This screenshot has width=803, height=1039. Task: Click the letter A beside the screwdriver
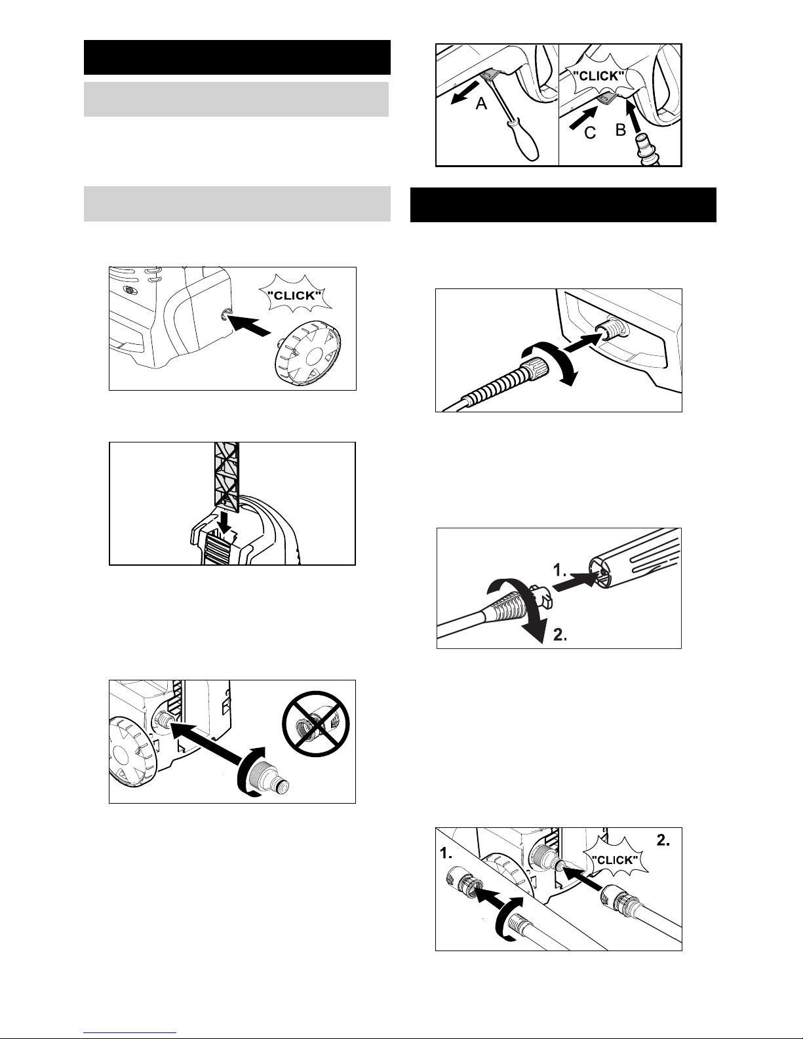pyautogui.click(x=481, y=104)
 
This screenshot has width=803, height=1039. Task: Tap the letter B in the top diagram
pyautogui.click(x=620, y=130)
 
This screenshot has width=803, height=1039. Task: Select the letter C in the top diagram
pyautogui.click(x=591, y=133)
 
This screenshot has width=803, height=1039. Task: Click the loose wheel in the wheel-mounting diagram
pyautogui.click(x=308, y=353)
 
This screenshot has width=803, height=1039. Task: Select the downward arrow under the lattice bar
pyautogui.click(x=223, y=521)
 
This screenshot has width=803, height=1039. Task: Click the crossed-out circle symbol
pyautogui.click(x=315, y=724)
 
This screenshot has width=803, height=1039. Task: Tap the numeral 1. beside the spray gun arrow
pyautogui.click(x=560, y=570)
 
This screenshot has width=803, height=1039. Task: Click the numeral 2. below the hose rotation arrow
pyautogui.click(x=560, y=635)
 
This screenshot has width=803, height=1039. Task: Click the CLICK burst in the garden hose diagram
pyautogui.click(x=615, y=859)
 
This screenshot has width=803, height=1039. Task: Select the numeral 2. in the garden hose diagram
pyautogui.click(x=663, y=840)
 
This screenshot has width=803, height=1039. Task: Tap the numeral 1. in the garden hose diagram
pyautogui.click(x=446, y=853)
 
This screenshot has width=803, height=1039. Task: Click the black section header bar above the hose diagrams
pyautogui.click(x=563, y=205)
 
